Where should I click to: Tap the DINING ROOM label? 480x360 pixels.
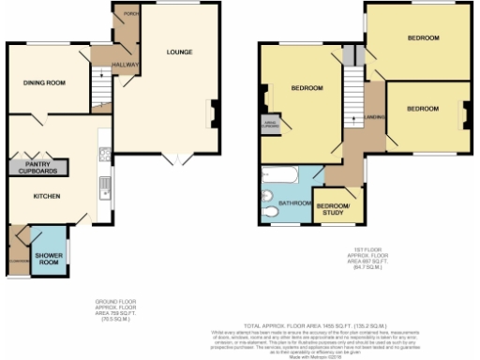point(44,83)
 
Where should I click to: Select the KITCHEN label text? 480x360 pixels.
point(47,196)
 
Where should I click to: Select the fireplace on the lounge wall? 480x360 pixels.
point(214,112)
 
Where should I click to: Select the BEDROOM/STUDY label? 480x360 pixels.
point(332,208)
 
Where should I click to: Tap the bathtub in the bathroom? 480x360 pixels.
point(279,175)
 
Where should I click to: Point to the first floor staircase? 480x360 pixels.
point(352,103)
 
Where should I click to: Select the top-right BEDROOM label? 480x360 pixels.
point(422,38)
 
